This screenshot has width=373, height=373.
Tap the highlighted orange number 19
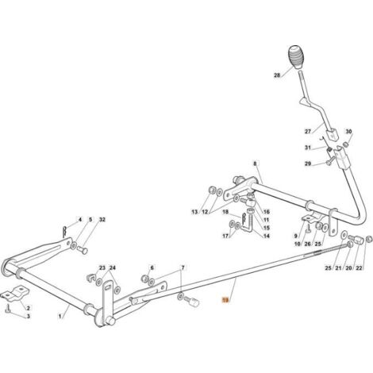click(225, 300)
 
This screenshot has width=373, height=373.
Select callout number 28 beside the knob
click(277, 75)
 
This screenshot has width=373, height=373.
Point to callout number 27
click(308, 132)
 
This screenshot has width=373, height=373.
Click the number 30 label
click(348, 132)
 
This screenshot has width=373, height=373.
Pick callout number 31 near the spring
click(308, 148)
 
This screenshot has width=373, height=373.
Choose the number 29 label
click(308, 163)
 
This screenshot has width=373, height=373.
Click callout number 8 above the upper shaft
click(255, 163)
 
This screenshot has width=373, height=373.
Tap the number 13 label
click(194, 212)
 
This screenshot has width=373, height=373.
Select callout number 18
click(225, 212)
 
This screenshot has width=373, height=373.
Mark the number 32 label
click(102, 220)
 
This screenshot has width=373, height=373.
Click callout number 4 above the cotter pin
click(79, 220)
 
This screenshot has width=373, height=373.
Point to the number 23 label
click(102, 268)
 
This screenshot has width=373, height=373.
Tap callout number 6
click(152, 268)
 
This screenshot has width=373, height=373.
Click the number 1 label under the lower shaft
click(60, 316)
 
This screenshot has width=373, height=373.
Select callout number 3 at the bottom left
click(28, 316)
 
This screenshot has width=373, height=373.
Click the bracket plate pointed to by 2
click(15, 294)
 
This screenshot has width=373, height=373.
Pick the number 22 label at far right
click(359, 268)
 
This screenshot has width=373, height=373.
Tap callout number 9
click(296, 236)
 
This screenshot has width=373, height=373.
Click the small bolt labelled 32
click(83, 250)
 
